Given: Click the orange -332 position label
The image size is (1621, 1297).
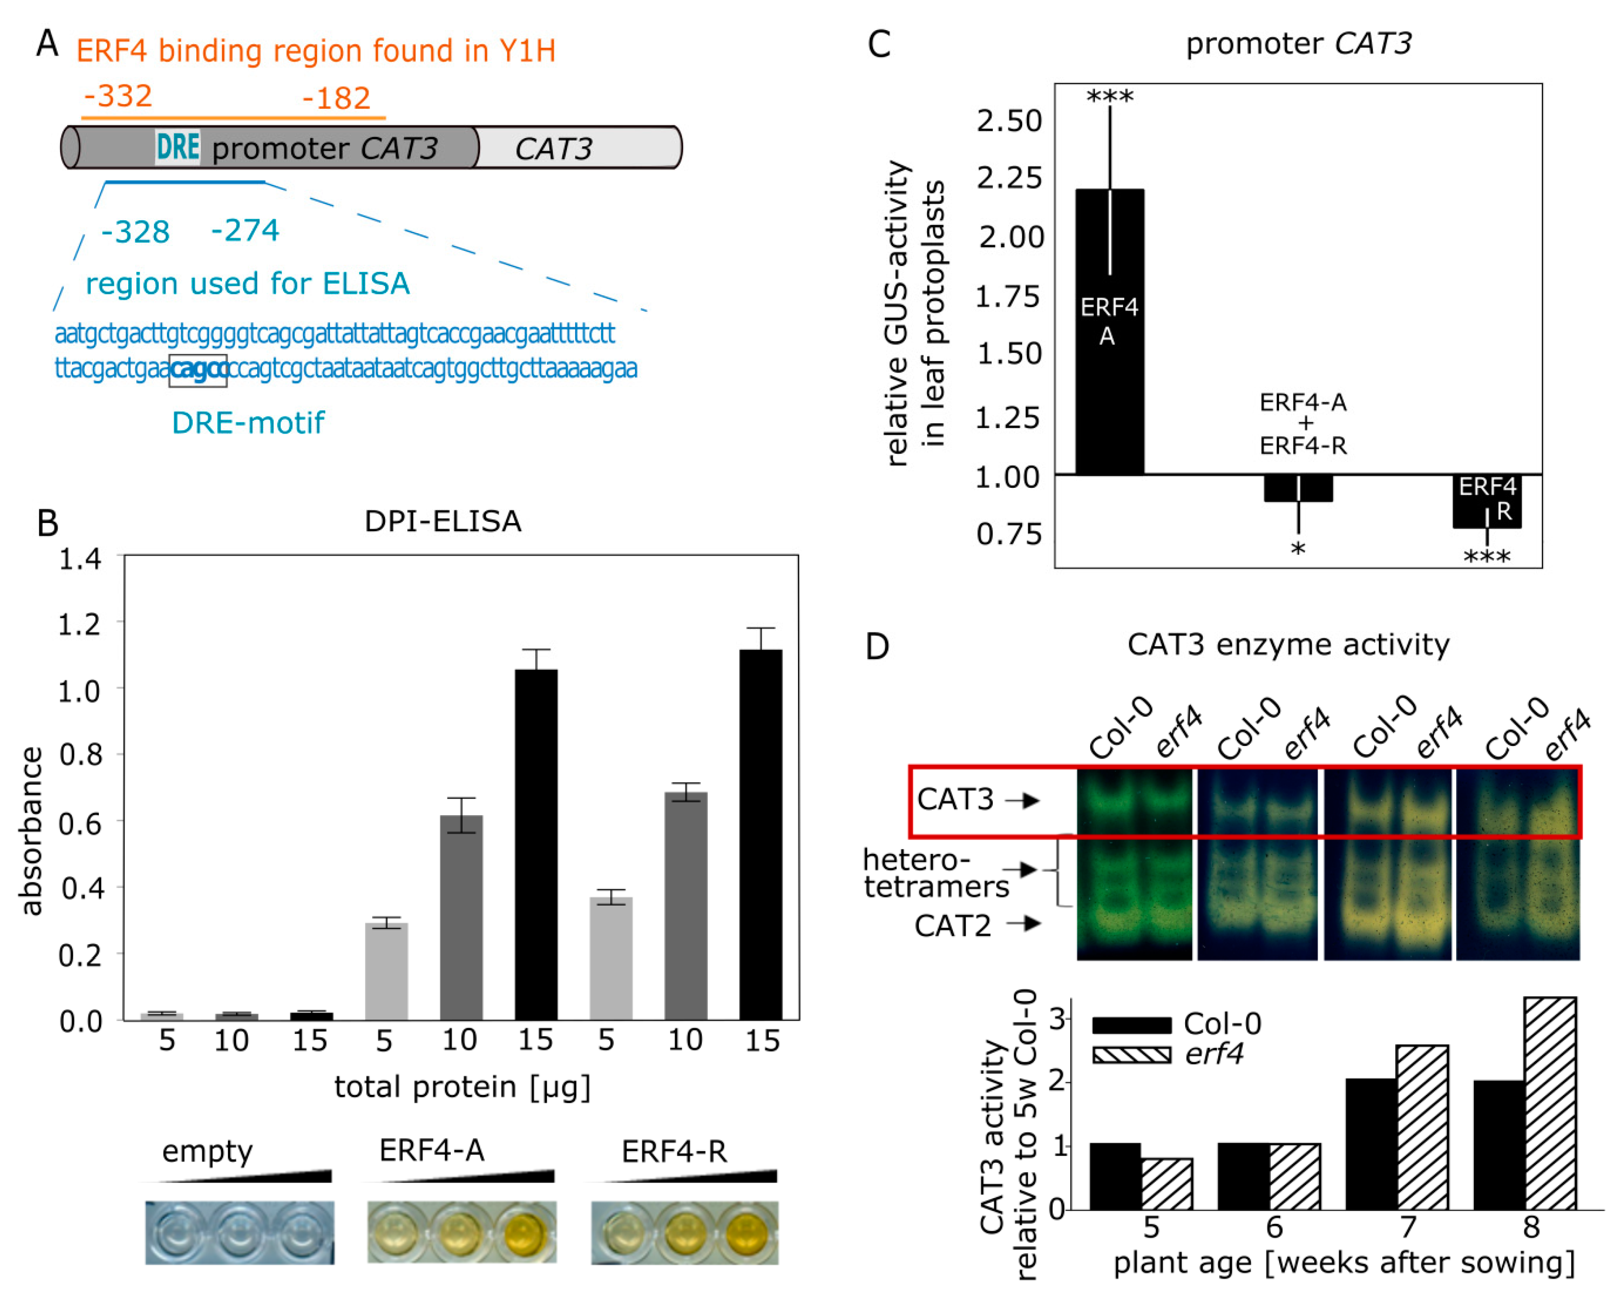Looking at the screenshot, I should [118, 96].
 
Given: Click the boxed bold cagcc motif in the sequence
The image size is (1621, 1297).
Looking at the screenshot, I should [198, 370].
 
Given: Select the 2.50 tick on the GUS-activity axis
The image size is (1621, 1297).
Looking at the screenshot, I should [1009, 121].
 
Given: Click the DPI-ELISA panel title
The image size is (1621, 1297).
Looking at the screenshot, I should [442, 521].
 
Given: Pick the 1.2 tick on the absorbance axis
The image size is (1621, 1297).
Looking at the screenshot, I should [80, 623].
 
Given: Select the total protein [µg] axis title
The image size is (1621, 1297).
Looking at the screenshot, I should [462, 1087].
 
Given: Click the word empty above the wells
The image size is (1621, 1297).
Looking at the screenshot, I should [207, 1150].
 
